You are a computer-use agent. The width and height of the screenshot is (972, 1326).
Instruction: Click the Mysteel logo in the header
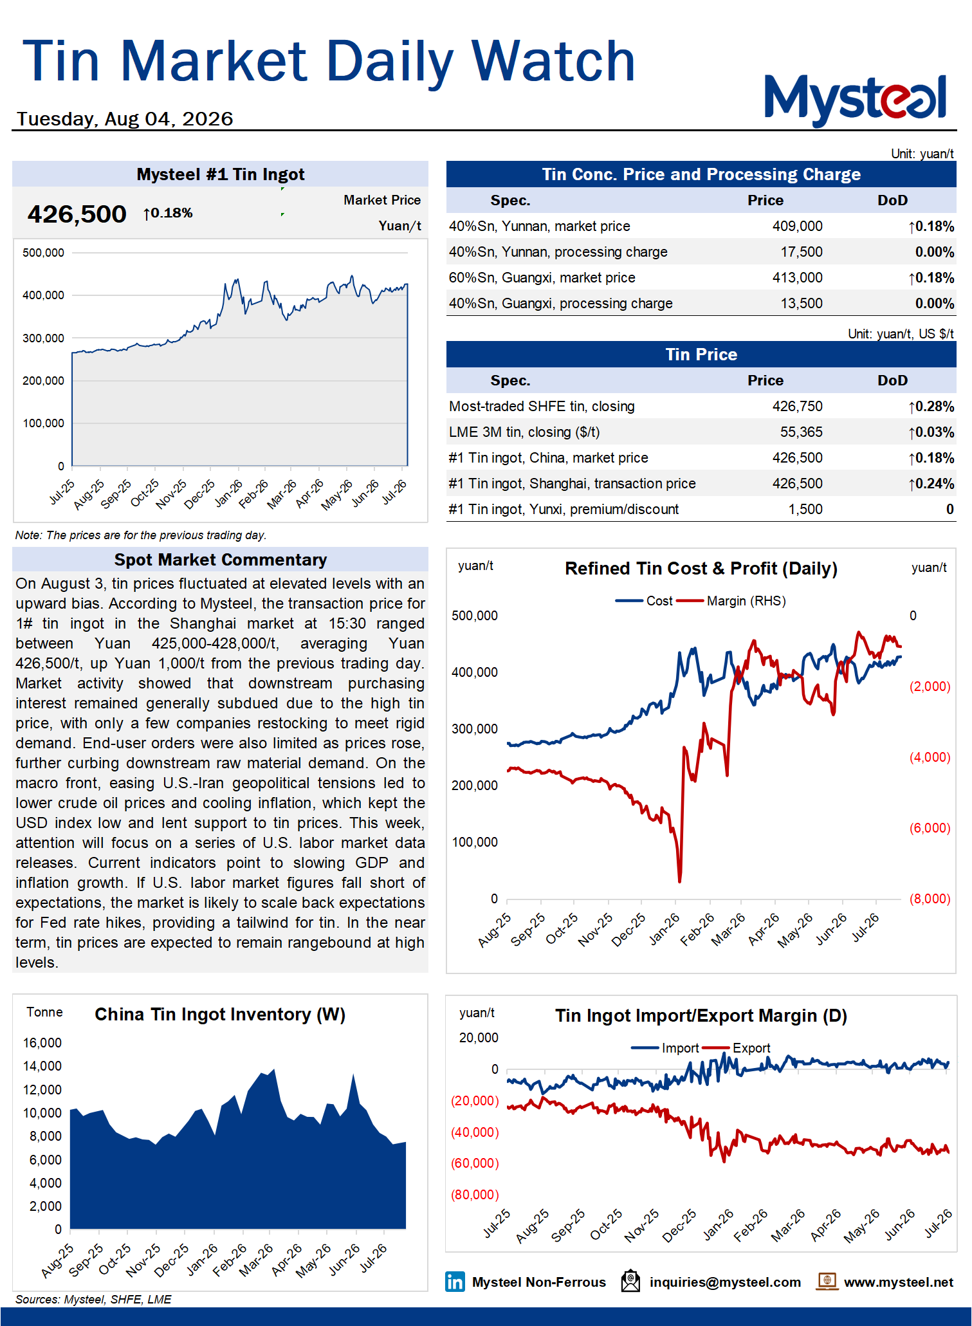[x=855, y=99]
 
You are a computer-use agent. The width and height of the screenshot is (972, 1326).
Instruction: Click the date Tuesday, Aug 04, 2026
[x=125, y=119]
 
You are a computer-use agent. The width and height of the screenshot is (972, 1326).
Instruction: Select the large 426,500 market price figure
[x=77, y=214]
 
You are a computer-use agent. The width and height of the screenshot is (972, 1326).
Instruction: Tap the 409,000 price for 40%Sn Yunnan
[x=797, y=226]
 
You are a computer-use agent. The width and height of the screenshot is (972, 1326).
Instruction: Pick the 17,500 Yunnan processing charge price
[x=802, y=252]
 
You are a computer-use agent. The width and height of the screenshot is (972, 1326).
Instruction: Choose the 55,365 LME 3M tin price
[x=802, y=432]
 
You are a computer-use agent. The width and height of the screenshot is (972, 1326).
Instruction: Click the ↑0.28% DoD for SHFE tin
[x=931, y=407]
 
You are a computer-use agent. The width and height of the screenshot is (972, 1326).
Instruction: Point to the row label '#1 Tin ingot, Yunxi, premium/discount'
[x=564, y=510]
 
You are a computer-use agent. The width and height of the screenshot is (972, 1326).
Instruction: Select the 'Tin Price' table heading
[x=701, y=355]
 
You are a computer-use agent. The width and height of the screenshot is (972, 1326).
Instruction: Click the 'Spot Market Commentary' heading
[x=221, y=560]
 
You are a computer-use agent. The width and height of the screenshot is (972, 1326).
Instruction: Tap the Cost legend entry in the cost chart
[x=644, y=601]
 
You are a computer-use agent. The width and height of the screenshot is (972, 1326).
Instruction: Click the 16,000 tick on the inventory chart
[x=42, y=1043]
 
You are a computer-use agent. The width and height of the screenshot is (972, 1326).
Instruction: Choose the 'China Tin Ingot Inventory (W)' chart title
[x=220, y=1015]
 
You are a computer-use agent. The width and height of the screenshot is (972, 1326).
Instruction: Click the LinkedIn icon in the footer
[x=455, y=1282]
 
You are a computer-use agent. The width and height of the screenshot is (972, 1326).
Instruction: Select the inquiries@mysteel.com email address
[x=725, y=1282]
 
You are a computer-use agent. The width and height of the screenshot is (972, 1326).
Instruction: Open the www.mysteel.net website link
[x=898, y=1282]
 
